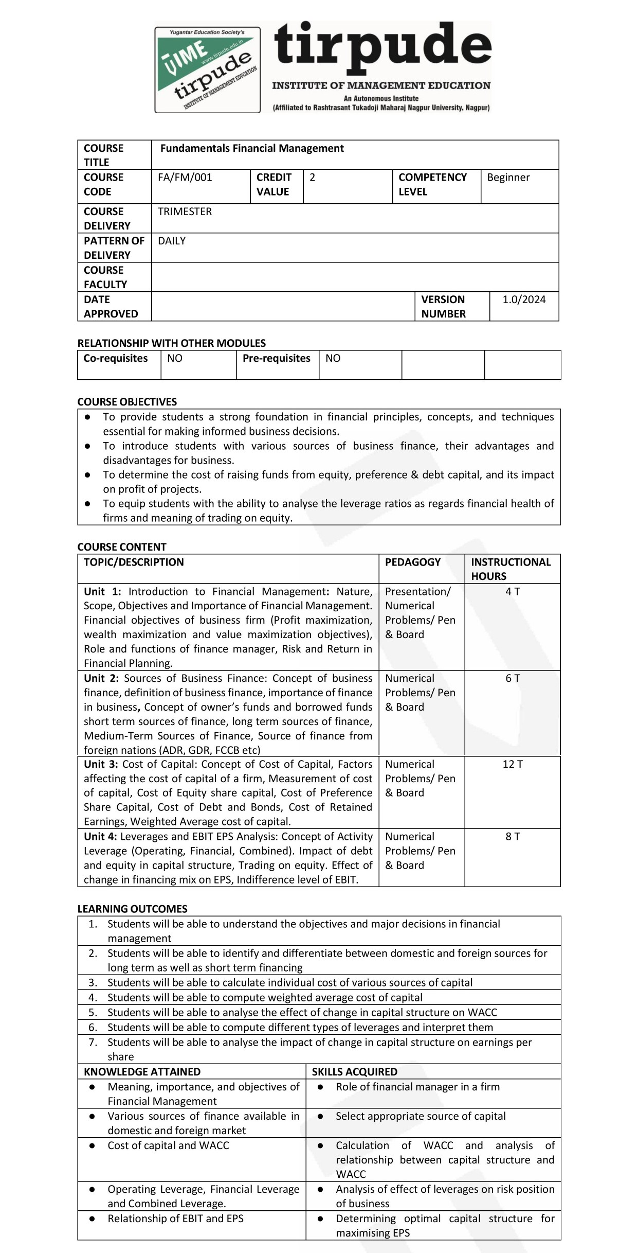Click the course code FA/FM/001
pyautogui.click(x=185, y=178)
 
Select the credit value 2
pyautogui.click(x=313, y=178)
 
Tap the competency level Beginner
pyautogui.click(x=508, y=178)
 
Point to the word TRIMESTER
pyautogui.click(x=185, y=211)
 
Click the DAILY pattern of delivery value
pyautogui.click(x=172, y=241)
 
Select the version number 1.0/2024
pyautogui.click(x=524, y=299)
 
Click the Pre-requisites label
pyautogui.click(x=277, y=358)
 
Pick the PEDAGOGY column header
pyautogui.click(x=413, y=562)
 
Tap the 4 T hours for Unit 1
pyautogui.click(x=513, y=592)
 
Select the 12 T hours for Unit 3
pyautogui.click(x=513, y=764)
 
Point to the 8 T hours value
pyautogui.click(x=513, y=837)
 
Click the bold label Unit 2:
pyautogui.click(x=101, y=678)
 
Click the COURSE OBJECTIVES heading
pyautogui.click(x=127, y=402)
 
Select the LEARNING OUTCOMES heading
pyautogui.click(x=132, y=909)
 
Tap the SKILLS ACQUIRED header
pyautogui.click(x=355, y=1072)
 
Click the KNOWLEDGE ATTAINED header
pyautogui.click(x=142, y=1072)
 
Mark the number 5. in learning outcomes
pyautogui.click(x=93, y=1013)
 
